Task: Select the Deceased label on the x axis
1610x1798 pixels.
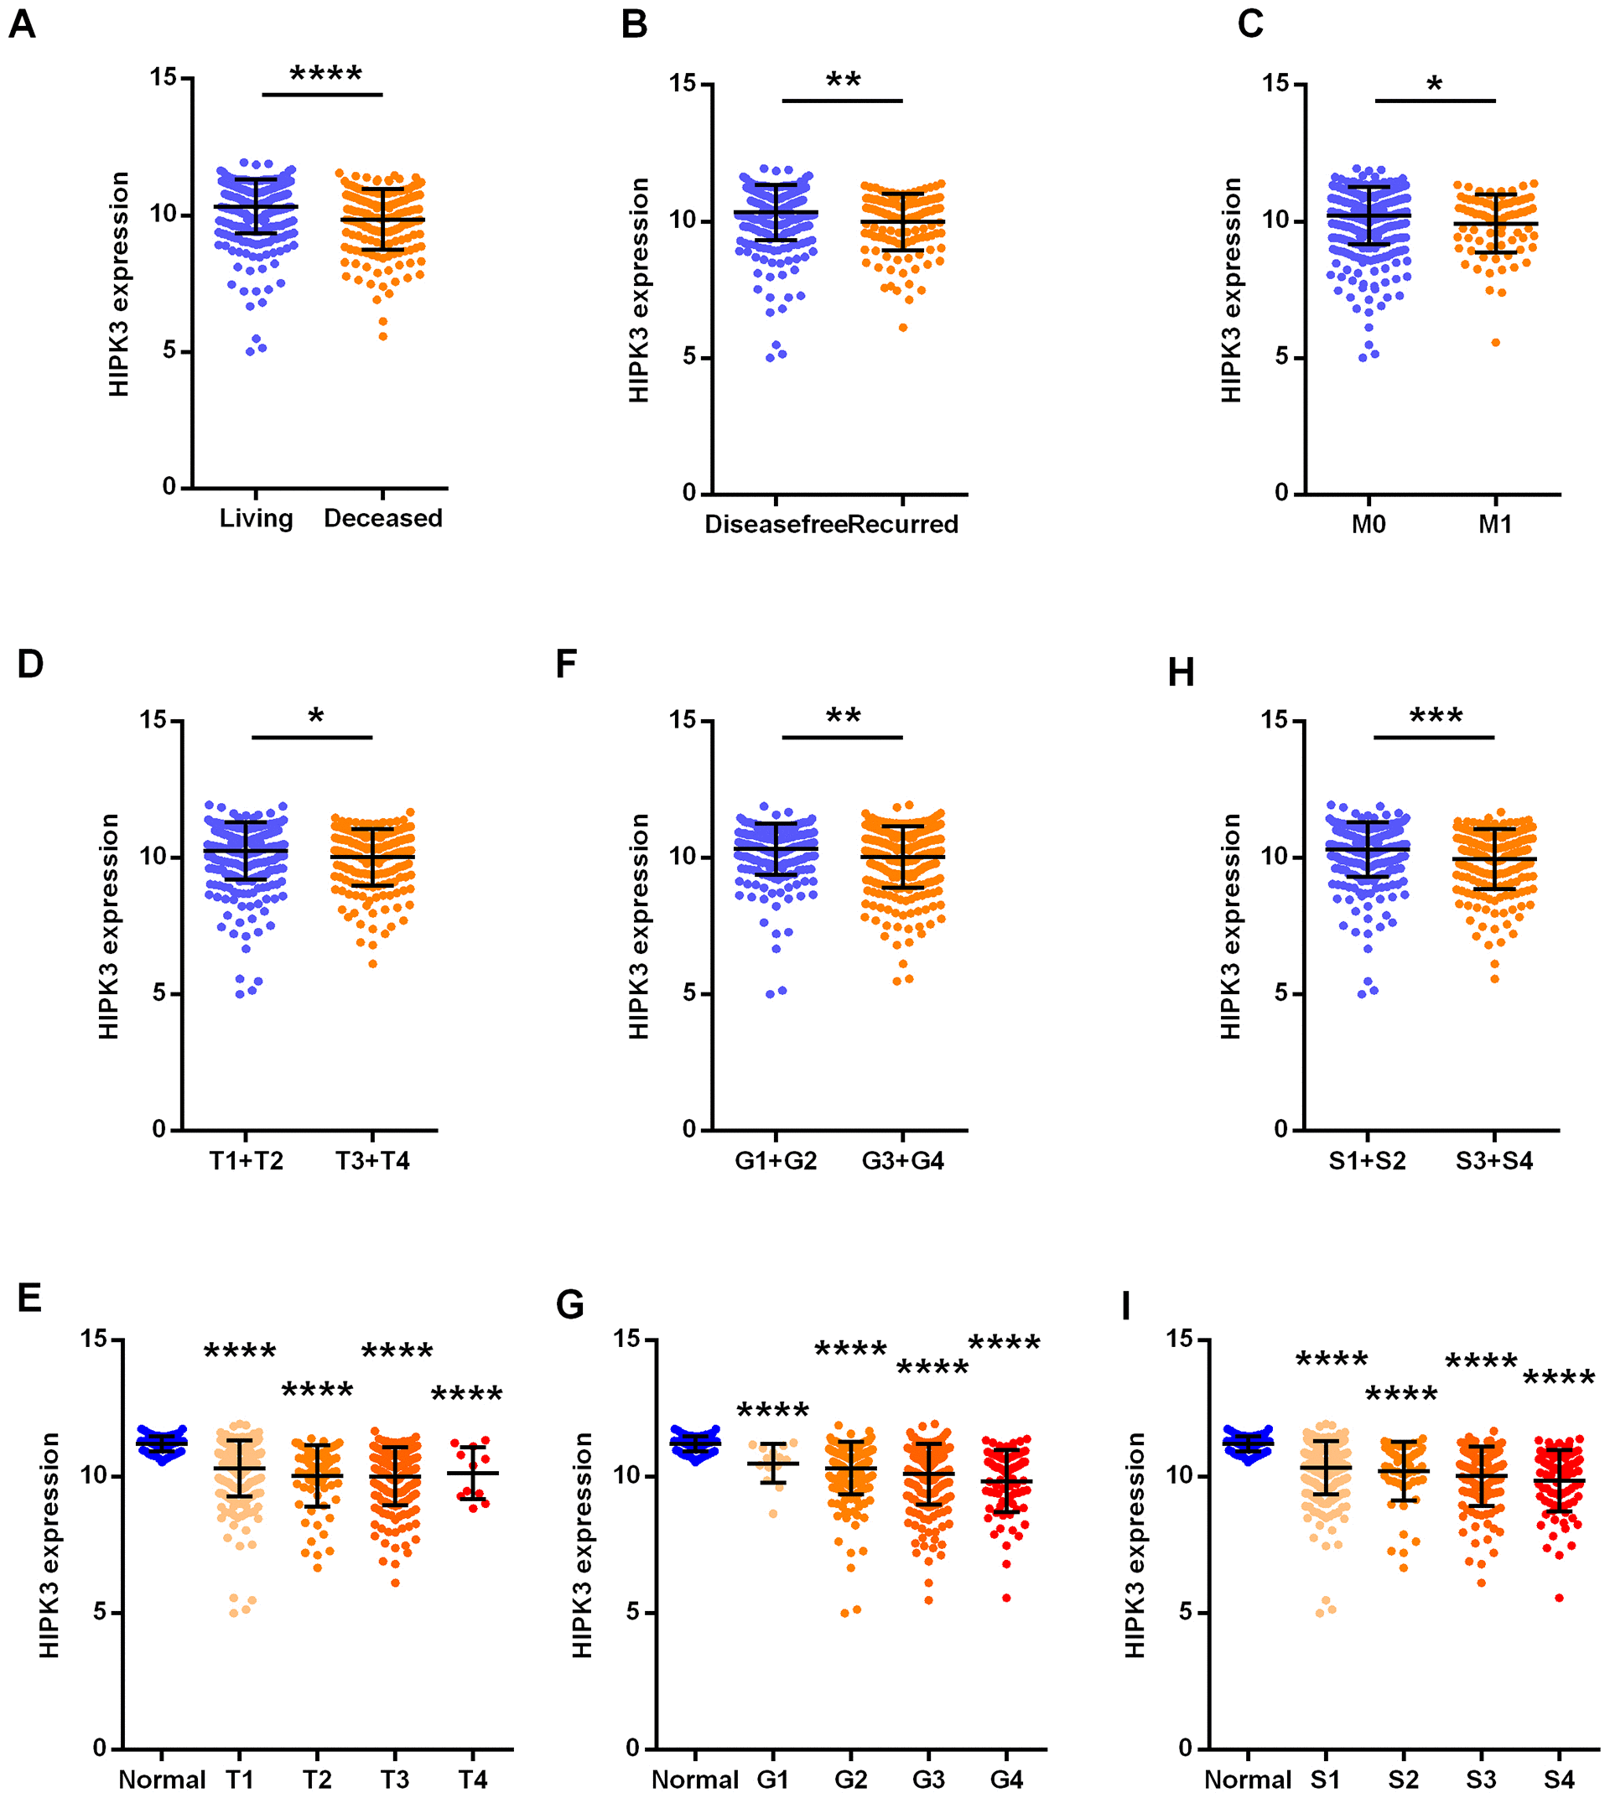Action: [383, 518]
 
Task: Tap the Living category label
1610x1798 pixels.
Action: [256, 518]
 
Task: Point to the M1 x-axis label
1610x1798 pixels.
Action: [1495, 525]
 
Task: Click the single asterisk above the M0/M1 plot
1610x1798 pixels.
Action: [1434, 85]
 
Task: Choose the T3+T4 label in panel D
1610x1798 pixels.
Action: [372, 1160]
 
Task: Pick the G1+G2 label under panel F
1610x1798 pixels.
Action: [776, 1160]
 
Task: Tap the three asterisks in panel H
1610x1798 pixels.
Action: [1436, 717]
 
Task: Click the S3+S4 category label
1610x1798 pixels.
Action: [1494, 1160]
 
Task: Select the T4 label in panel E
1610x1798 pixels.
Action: [472, 1780]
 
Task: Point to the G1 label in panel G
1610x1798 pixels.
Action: [772, 1780]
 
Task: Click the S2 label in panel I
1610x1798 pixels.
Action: [1403, 1780]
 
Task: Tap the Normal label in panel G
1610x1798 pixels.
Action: [695, 1780]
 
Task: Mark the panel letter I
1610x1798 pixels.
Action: [1125, 1305]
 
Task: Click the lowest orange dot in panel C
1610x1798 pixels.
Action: [1496, 342]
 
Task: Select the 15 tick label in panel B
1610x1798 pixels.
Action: [683, 84]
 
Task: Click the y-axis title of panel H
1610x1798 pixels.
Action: [1230, 926]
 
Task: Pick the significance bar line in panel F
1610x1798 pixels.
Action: [842, 737]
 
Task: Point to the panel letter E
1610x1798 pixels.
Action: [29, 1298]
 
